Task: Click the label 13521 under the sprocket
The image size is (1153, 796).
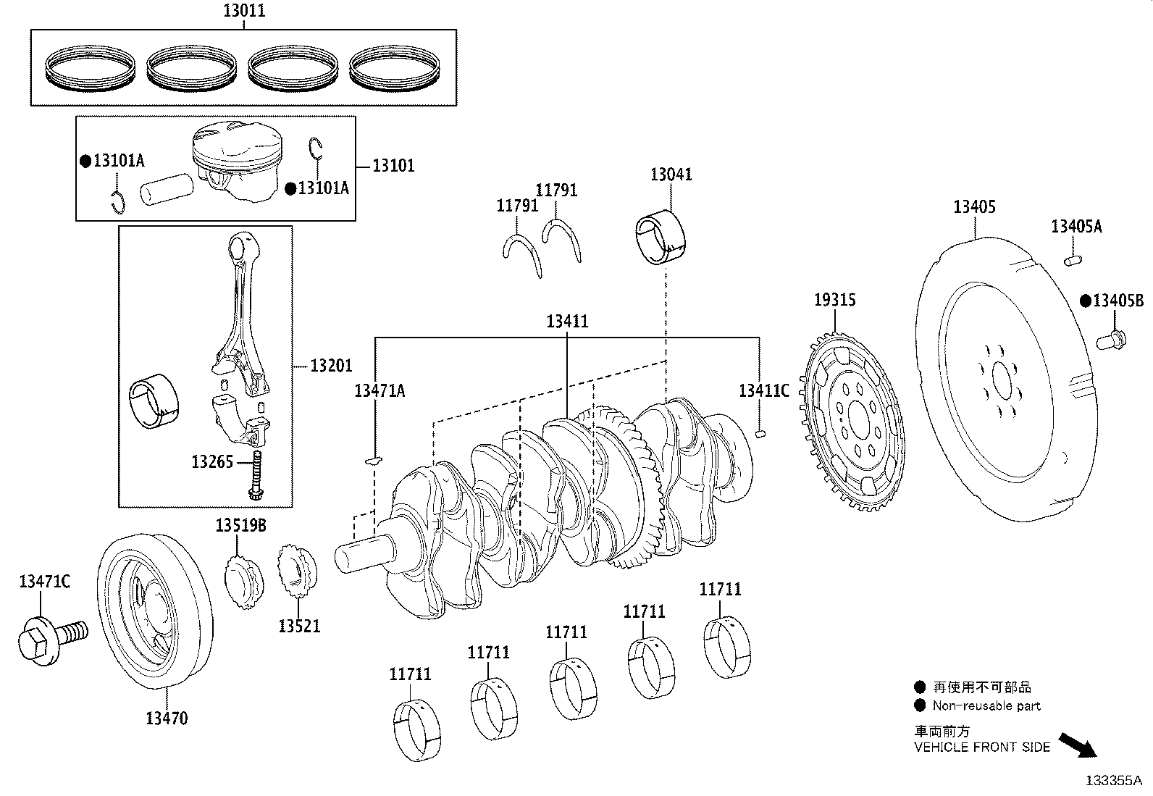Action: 299,626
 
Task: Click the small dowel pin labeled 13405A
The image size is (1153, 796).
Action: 1073,259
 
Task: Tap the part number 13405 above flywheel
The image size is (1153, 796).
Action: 974,207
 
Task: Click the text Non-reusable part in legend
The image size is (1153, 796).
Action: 986,706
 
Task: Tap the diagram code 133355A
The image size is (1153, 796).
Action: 1113,781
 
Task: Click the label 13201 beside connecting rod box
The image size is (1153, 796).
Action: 331,366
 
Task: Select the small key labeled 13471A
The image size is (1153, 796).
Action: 374,458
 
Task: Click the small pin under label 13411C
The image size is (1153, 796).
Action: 760,434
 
